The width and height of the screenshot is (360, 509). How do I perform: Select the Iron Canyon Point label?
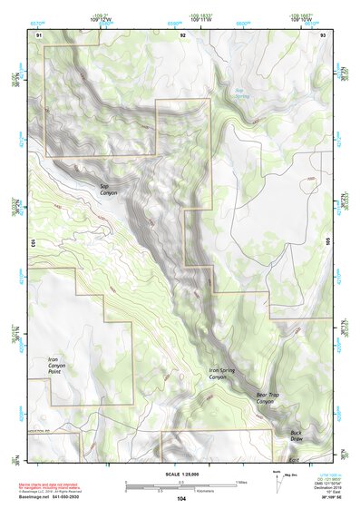[x=61, y=366]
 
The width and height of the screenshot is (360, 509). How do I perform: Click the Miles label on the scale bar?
[x=240, y=481]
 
